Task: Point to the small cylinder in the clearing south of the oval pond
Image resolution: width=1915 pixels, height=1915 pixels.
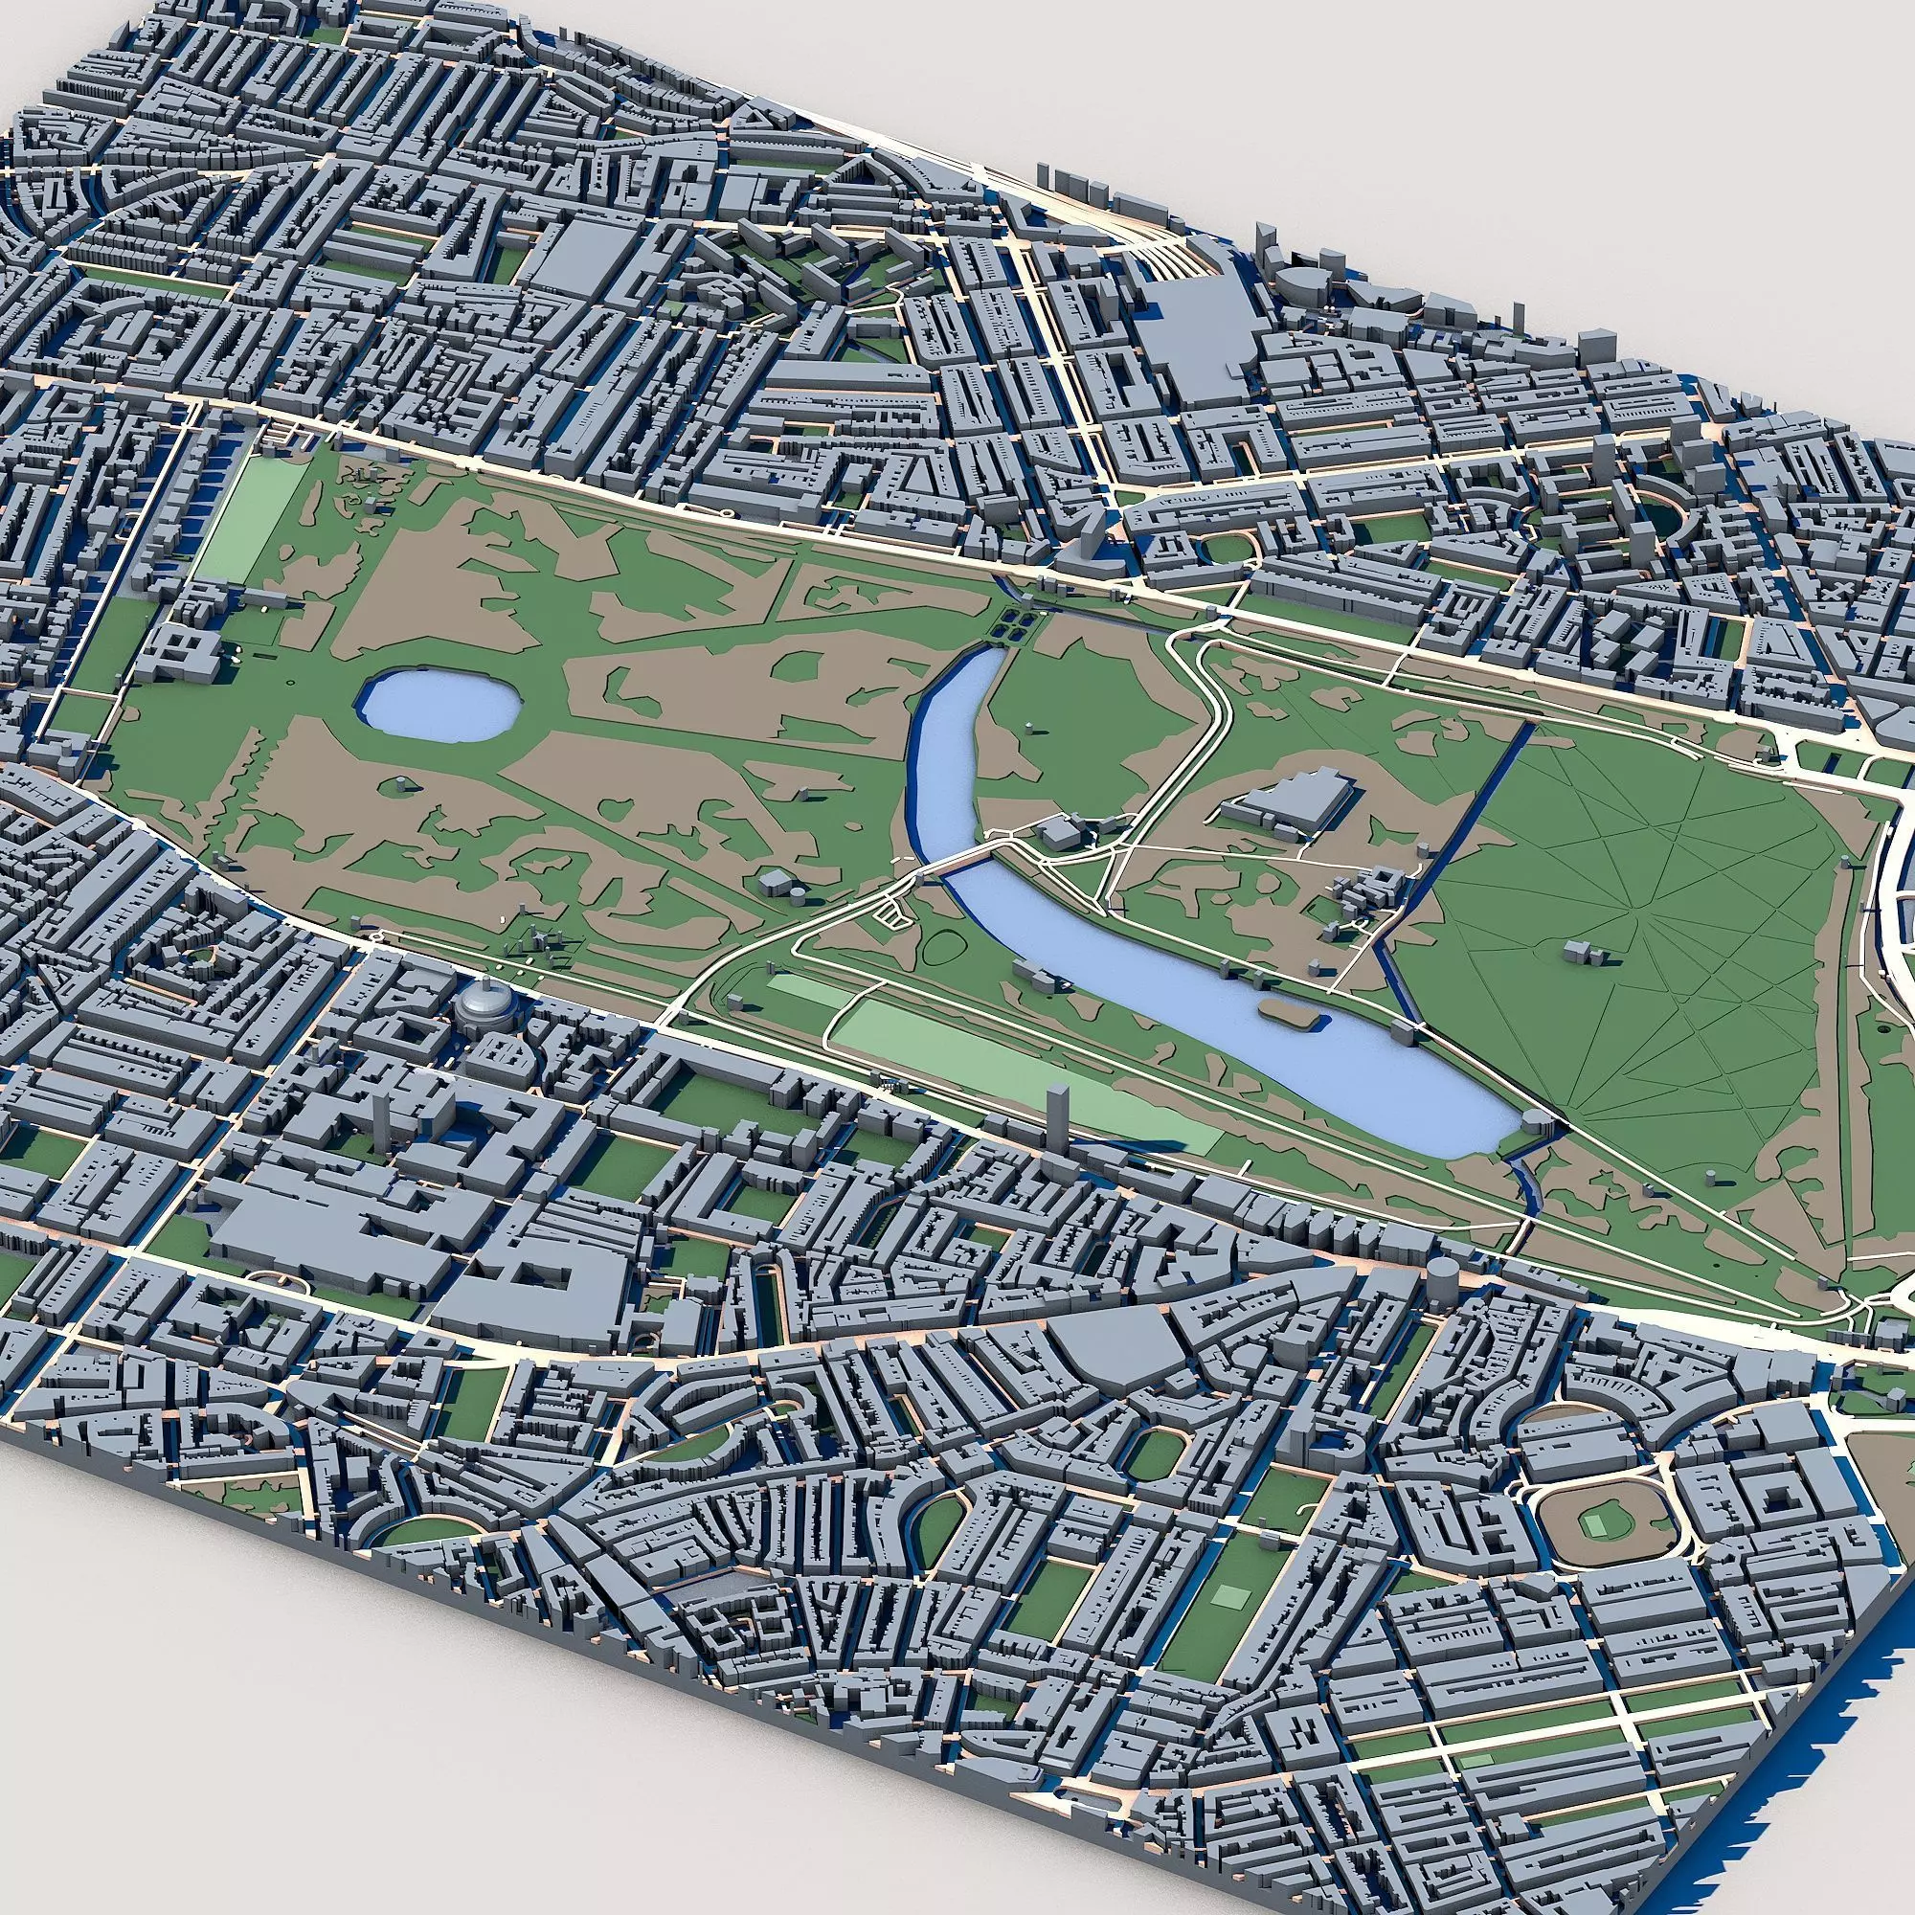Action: [x=400, y=786]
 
